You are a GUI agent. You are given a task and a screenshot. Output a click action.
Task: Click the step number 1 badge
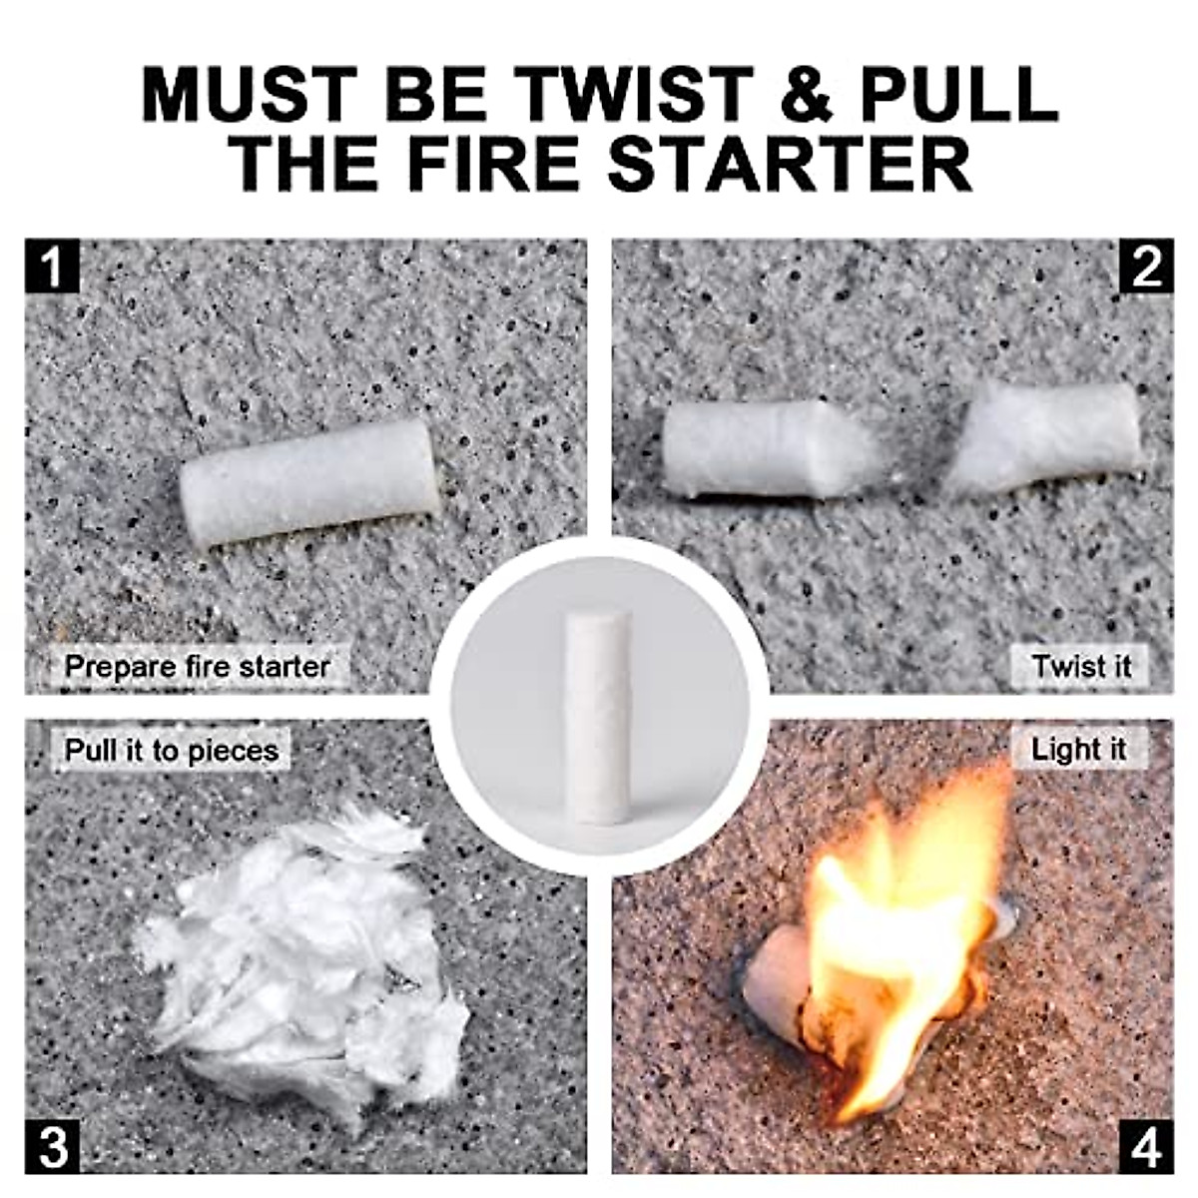tap(52, 267)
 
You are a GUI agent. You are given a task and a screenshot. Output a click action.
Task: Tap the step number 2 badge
tap(1146, 267)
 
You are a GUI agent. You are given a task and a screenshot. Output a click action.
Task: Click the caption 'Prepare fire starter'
tap(197, 666)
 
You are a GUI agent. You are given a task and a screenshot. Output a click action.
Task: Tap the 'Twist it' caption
tap(1082, 666)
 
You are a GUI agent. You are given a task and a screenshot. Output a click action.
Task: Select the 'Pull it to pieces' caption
tap(172, 750)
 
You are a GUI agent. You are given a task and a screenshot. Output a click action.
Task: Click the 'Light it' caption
tap(1078, 749)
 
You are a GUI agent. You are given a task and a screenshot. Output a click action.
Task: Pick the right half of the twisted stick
tap(1043, 437)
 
